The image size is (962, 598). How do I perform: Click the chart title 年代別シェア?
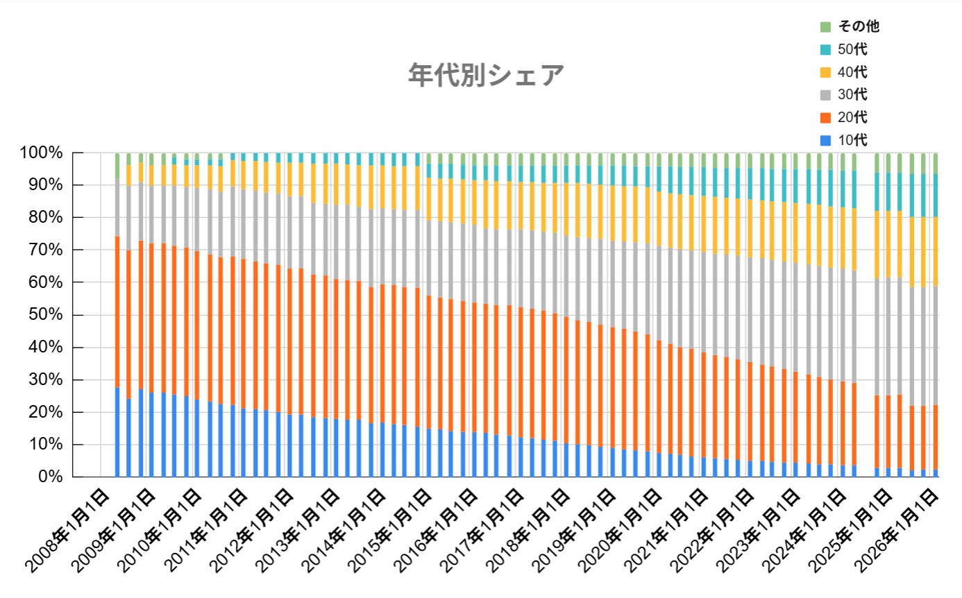point(485,75)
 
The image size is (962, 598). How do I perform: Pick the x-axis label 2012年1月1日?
point(252,527)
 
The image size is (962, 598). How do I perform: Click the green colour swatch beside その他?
point(825,27)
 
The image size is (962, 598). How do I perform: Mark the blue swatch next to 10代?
point(825,139)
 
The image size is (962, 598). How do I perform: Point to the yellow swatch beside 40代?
point(825,72)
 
